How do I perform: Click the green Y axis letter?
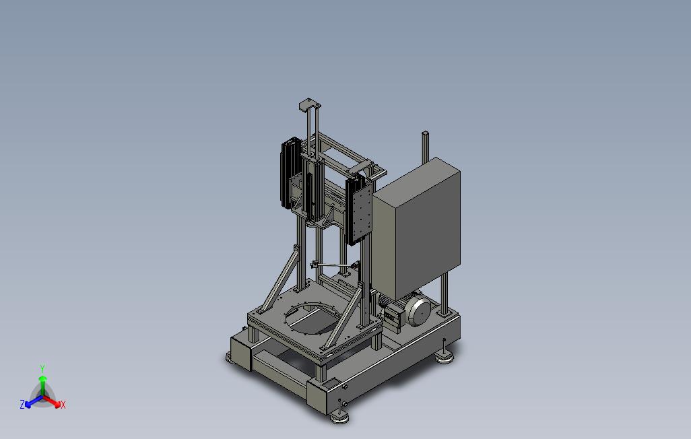pyautogui.click(x=42, y=368)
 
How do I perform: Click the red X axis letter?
pyautogui.click(x=63, y=405)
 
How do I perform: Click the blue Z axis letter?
pyautogui.click(x=22, y=404)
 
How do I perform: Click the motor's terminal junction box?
pyautogui.click(x=393, y=317)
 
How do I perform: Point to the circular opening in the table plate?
pyautogui.click(x=314, y=318)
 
